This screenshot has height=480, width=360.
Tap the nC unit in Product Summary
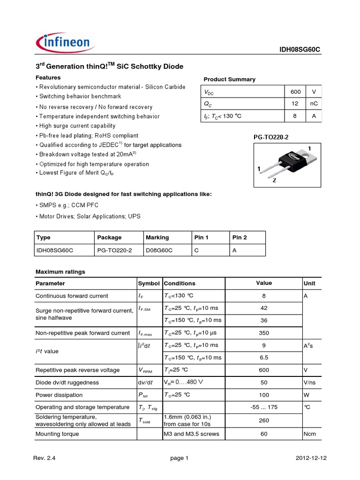click(314, 104)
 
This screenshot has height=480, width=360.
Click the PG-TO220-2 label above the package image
click(269, 136)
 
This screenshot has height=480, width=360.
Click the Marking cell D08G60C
click(159, 250)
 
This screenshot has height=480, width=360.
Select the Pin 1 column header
click(202, 238)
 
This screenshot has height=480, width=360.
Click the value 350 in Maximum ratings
click(264, 333)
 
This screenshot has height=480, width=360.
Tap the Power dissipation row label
click(59, 395)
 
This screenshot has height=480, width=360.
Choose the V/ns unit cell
click(310, 382)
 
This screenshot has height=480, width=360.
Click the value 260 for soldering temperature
click(264, 420)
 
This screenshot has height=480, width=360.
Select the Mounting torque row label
click(57, 434)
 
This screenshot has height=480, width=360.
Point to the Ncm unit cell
click(310, 434)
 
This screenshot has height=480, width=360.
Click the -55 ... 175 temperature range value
click(264, 407)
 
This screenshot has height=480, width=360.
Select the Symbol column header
click(149, 284)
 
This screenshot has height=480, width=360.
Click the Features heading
click(48, 77)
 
